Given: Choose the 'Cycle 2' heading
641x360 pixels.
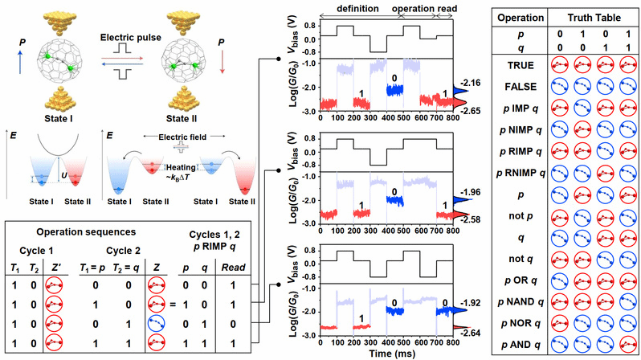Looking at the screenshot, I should pyautogui.click(x=112, y=249).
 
